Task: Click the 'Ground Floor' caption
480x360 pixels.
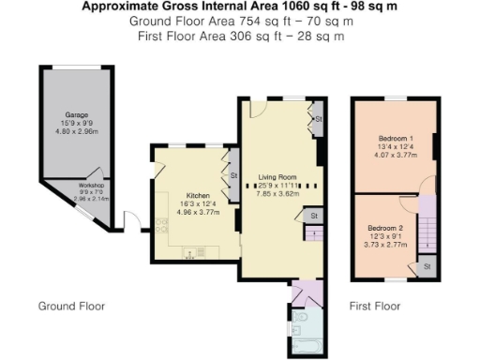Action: [x=71, y=307]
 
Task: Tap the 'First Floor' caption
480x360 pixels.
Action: [x=374, y=307]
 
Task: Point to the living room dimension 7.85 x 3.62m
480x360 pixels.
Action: [x=279, y=193]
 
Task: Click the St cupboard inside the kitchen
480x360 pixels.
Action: [x=232, y=174]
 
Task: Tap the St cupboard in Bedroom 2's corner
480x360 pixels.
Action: [x=427, y=267]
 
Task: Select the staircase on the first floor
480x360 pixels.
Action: [x=427, y=230]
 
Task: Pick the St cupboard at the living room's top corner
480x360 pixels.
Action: [x=318, y=120]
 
